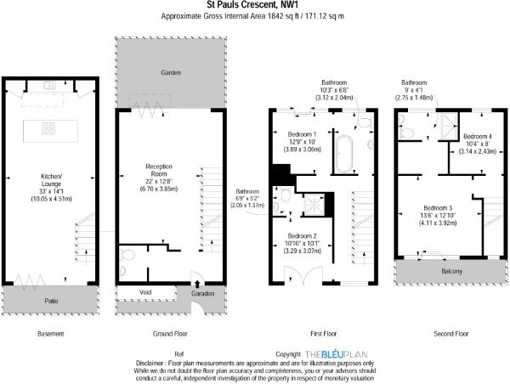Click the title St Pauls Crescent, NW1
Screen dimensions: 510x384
coord(252,5)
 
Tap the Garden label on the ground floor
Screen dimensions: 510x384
coord(171,72)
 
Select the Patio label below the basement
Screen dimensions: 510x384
coord(51,301)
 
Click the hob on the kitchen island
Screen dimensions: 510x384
coord(48,128)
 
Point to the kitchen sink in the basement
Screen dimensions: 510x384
coord(49,86)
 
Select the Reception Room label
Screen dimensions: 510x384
coord(159,170)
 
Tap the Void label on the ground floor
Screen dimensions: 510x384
coord(145,292)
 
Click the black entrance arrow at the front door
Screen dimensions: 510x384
coord(197,285)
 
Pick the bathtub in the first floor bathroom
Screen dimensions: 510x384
coord(344,154)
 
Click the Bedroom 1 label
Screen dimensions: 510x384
coord(302,134)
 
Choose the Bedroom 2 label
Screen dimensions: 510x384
coord(302,236)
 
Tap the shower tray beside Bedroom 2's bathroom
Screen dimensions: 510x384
coord(314,205)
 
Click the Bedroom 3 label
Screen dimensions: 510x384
coord(438,208)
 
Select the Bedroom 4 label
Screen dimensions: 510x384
coord(478,136)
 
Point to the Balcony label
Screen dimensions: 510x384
coord(452,271)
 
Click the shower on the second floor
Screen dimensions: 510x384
coord(449,126)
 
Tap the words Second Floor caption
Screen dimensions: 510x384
coord(451,334)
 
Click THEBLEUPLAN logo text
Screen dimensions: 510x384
coord(337,354)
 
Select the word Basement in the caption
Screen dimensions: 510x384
coord(51,334)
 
